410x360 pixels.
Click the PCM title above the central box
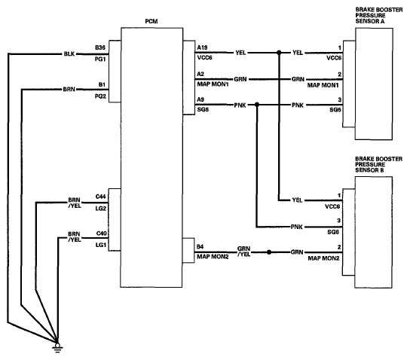151,21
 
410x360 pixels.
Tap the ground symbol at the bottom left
57,347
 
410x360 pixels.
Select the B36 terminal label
100,47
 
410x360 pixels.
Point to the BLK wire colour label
69,53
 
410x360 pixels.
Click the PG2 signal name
100,96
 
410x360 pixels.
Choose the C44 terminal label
101,197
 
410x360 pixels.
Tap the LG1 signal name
101,245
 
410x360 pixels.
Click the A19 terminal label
202,47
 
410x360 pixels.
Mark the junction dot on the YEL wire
279,53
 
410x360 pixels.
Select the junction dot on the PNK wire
257,105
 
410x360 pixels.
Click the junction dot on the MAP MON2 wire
269,252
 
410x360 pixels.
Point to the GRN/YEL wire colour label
243,251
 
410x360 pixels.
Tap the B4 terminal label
200,246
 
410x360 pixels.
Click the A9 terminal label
200,99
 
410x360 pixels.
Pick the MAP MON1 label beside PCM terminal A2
213,84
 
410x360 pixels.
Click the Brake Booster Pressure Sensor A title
379,15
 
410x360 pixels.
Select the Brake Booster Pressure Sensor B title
378,165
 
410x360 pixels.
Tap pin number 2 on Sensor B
339,247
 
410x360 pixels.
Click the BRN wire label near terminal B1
69,90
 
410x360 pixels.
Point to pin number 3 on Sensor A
340,100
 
